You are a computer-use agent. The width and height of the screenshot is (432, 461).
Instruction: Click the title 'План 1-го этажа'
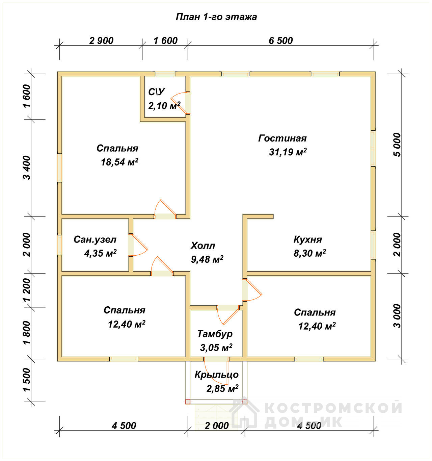pos(216,17)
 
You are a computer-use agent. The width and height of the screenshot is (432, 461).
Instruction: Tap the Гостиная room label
pos(282,138)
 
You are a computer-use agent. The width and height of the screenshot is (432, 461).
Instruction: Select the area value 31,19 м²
pos(288,152)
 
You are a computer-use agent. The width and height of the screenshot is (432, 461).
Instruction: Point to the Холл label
pos(203,245)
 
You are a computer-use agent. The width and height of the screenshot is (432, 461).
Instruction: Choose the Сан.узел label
pos(95,240)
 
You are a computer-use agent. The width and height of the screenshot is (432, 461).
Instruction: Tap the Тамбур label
pos(215,334)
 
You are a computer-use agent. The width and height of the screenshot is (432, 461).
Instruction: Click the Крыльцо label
pos(216,375)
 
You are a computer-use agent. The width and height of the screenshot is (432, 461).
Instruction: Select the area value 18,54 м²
pos(119,162)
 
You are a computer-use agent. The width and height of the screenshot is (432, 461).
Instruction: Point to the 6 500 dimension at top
pos(281,41)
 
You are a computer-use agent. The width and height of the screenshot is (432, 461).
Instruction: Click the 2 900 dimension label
pos(101,41)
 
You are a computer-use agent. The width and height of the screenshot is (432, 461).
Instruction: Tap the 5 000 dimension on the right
pos(398,145)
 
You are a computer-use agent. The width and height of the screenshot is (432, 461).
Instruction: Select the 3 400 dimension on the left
pos(27,168)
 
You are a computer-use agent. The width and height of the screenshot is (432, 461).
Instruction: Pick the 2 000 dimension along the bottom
pos(217,426)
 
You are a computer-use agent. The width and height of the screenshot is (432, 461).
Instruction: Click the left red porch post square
pos(188,402)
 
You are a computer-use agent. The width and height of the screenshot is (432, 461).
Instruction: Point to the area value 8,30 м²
pos(310,253)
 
